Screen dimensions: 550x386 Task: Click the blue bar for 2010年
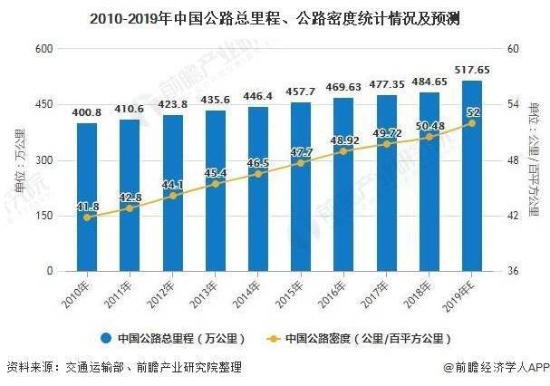coord(87,197)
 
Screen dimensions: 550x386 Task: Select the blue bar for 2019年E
coord(472,176)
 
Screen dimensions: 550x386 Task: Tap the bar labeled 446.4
coord(258,188)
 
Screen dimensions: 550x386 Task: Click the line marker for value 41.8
coord(87,217)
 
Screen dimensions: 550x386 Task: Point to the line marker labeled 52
coord(472,123)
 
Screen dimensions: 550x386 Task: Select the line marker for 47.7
coord(301,163)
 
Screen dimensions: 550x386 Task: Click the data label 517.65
coord(472,70)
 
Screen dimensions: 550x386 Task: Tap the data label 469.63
coord(343,87)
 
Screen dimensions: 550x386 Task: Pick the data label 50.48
coord(430,126)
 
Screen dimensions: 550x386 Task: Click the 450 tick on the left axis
coord(44,104)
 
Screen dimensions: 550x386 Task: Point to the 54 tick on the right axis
coord(513,104)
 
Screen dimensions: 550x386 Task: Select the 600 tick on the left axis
coord(44,48)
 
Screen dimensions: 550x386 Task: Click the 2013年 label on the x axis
coord(204,294)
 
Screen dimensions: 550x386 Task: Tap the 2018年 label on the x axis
coord(418,294)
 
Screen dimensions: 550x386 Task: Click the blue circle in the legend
coord(106,338)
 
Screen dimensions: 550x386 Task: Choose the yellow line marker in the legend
coord(274,339)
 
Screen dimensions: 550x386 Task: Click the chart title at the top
coord(275,19)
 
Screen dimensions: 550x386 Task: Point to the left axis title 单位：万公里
coord(20,161)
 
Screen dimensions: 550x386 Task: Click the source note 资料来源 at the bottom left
coord(124,367)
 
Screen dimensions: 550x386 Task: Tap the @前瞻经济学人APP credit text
coord(497,367)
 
